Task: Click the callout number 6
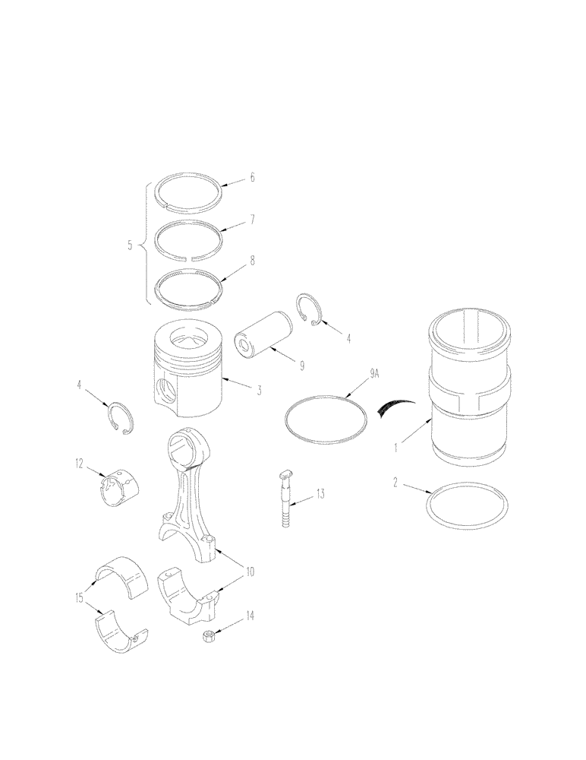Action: point(252,178)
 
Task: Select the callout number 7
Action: point(252,220)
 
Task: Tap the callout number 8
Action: point(252,260)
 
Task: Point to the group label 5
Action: point(131,245)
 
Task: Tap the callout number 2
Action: point(395,481)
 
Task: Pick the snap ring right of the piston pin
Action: point(310,310)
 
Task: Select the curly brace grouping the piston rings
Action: point(144,245)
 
